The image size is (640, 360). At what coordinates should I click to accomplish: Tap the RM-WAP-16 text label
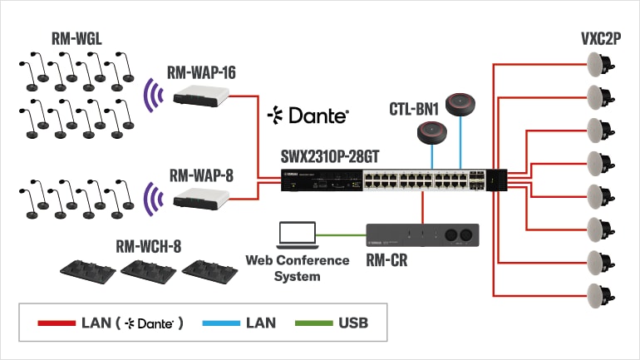(x=202, y=72)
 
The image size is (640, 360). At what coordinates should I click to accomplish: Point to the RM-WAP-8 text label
(x=202, y=175)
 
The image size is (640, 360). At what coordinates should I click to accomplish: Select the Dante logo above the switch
(x=308, y=116)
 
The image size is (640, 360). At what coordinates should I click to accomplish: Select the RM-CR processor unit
(x=423, y=234)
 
